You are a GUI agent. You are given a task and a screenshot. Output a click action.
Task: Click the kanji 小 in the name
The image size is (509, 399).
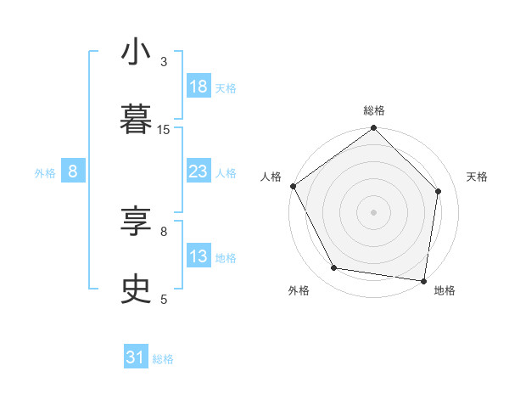(136, 53)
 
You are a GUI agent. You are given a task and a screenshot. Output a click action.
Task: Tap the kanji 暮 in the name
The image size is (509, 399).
(136, 121)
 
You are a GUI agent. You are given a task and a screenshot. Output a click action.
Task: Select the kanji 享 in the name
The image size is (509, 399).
(136, 222)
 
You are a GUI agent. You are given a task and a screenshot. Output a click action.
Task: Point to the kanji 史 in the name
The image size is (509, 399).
(136, 290)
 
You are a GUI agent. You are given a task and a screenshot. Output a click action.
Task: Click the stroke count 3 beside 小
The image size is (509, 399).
(164, 61)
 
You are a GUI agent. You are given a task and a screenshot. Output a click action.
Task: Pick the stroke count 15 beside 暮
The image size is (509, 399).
(164, 129)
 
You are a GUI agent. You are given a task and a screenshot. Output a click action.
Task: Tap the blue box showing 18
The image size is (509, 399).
(199, 87)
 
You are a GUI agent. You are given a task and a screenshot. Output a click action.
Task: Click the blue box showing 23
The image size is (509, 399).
(199, 171)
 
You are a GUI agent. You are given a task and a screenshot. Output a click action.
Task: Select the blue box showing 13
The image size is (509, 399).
(199, 256)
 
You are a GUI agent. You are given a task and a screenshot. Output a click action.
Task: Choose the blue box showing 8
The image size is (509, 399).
(73, 171)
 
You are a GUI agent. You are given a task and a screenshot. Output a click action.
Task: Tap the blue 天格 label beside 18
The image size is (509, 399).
(226, 87)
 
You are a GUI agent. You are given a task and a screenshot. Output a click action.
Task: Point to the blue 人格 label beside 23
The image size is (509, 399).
(226, 172)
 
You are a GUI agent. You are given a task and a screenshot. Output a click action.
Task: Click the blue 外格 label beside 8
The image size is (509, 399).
(45, 172)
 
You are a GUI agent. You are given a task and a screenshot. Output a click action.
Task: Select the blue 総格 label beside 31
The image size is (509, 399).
(163, 359)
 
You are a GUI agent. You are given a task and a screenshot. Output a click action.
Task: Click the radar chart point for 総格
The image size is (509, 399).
(373, 129)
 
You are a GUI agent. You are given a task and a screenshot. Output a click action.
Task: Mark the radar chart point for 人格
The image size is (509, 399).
(293, 186)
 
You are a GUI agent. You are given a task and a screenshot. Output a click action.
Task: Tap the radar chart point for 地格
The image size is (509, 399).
(423, 280)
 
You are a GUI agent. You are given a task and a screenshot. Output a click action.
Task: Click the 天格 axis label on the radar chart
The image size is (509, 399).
(477, 177)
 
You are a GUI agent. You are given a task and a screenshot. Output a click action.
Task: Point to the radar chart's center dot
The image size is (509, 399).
(373, 211)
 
